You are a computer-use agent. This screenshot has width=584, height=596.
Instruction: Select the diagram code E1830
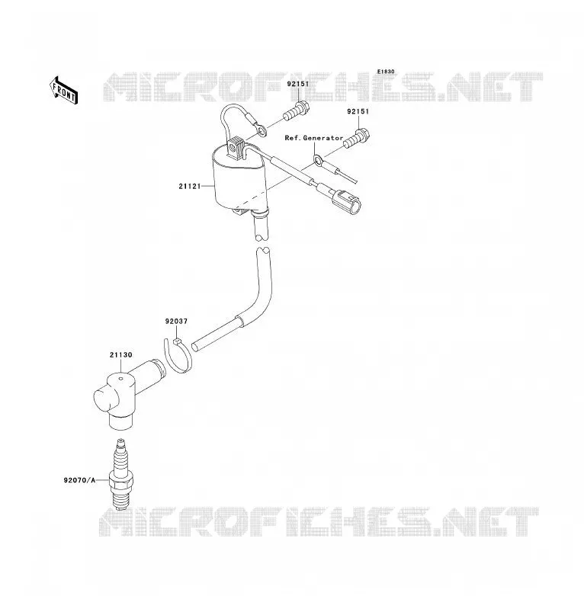(386, 72)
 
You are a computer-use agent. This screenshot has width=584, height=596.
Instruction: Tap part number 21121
(190, 186)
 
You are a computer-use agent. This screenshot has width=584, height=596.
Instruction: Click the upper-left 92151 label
(298, 84)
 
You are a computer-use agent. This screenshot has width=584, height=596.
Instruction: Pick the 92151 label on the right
(358, 112)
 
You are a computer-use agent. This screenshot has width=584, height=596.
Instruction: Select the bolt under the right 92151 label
(357, 139)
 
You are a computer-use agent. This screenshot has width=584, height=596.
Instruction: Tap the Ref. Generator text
(314, 138)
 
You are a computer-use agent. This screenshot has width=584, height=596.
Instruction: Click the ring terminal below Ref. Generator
(319, 159)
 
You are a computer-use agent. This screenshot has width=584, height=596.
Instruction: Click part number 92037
(176, 321)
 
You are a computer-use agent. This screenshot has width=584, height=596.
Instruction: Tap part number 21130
(121, 354)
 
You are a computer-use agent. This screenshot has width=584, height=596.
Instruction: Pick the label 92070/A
(79, 480)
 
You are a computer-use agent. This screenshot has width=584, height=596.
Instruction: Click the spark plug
(121, 474)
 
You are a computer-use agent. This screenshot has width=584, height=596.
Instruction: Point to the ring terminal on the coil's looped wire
(261, 130)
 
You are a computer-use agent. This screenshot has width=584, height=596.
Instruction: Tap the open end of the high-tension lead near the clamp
(194, 347)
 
